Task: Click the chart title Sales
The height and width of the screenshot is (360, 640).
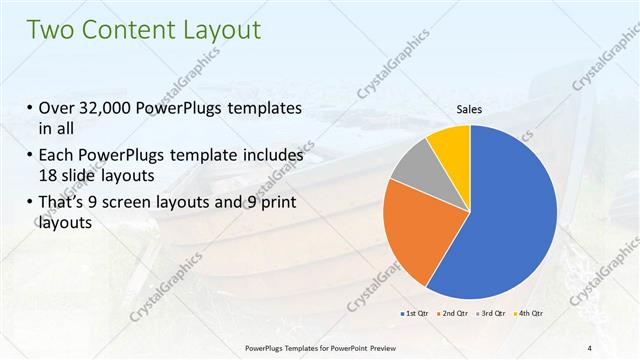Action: pos(470,109)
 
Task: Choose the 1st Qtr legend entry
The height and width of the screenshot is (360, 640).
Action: pos(417,315)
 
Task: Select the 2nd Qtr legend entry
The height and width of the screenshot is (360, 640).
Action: pos(456,315)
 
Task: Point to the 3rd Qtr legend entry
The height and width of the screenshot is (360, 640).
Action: pos(493,315)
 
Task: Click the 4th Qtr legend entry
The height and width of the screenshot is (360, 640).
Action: pos(529,315)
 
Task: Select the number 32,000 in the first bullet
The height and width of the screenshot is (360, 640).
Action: pos(105,109)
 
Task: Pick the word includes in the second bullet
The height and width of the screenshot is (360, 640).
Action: pos(270,156)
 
